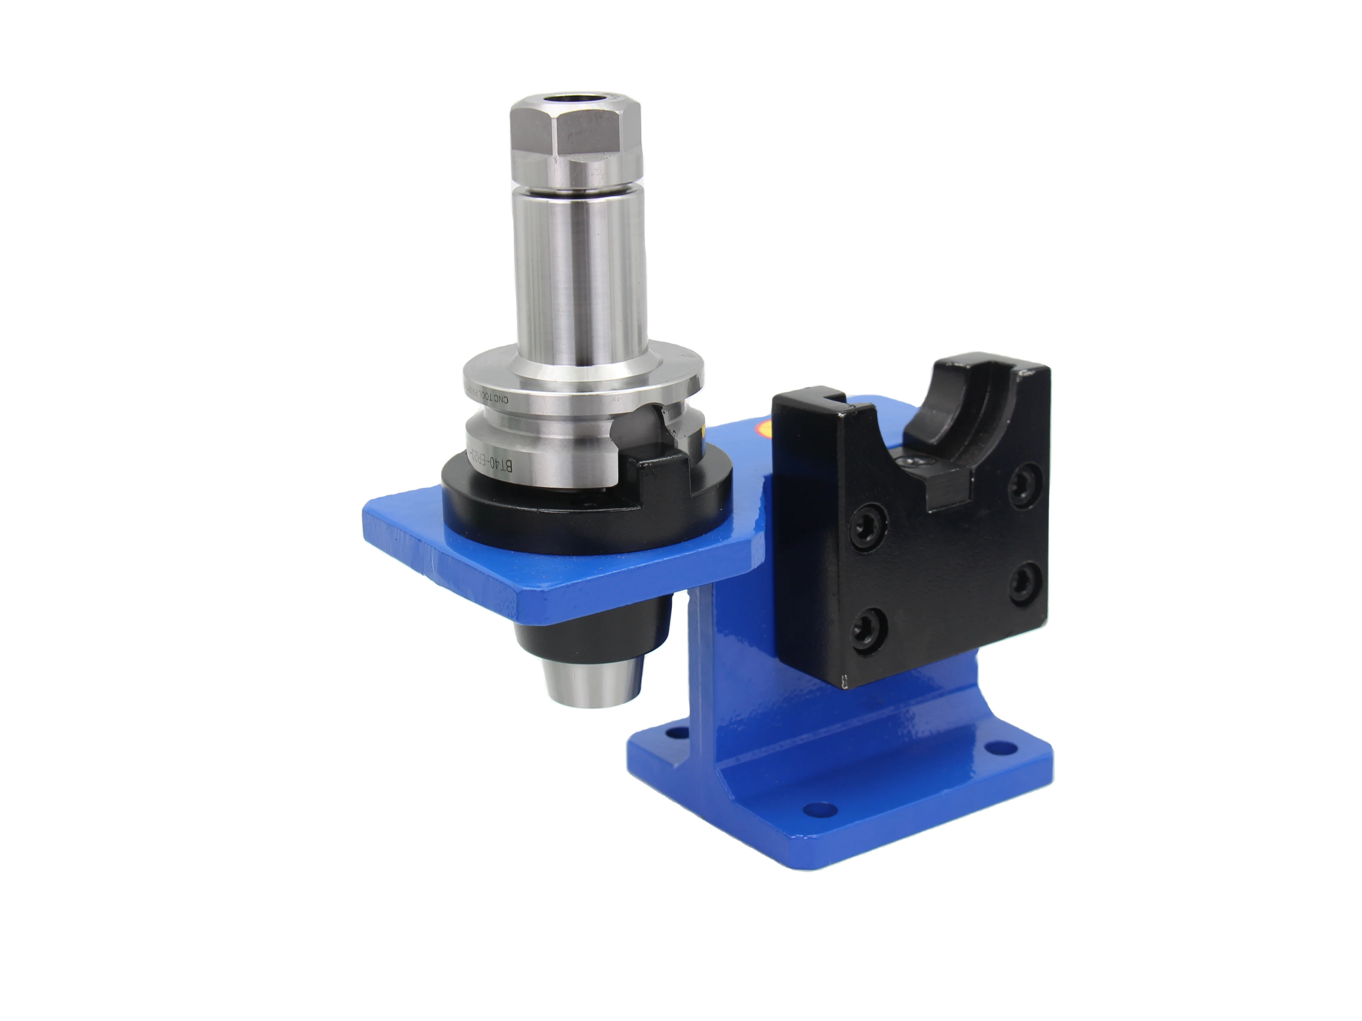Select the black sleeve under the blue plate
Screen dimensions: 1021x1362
[x=591, y=634]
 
